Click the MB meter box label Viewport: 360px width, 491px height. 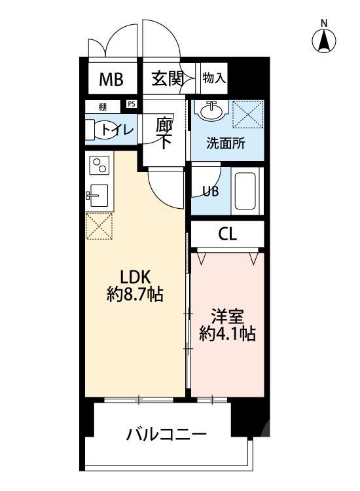(111, 80)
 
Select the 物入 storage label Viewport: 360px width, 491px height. (213, 79)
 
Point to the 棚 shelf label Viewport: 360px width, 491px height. (102, 105)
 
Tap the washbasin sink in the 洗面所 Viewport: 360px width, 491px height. (211, 112)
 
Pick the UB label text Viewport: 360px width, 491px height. (209, 191)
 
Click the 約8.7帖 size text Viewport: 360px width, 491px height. (135, 295)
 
